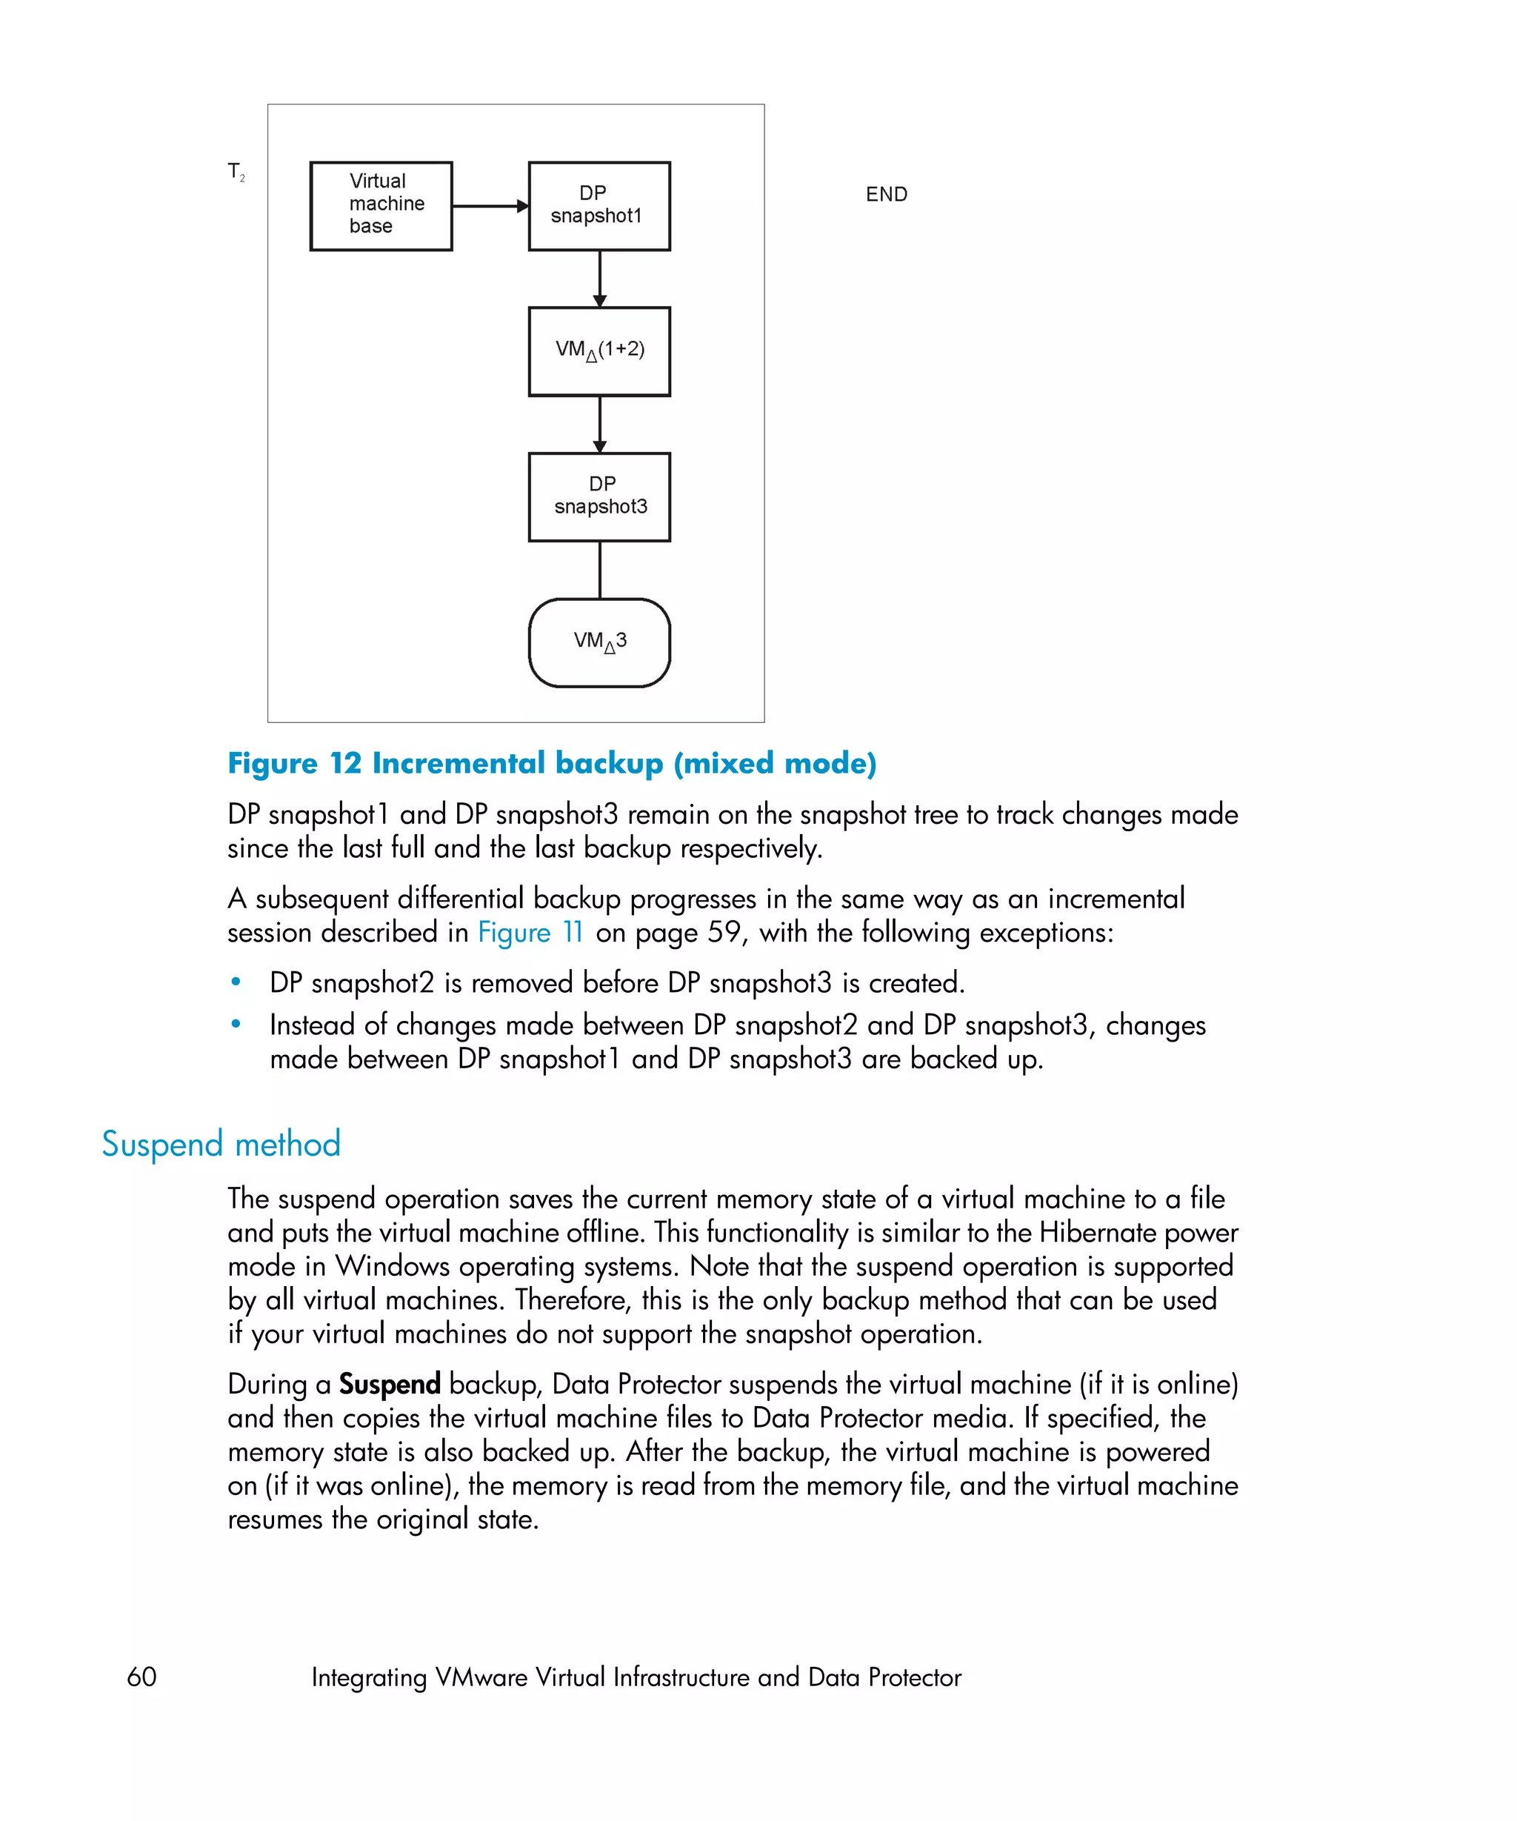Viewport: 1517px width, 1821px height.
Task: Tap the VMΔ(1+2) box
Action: [599, 351]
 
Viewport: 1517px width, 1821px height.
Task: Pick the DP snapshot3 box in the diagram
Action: [599, 497]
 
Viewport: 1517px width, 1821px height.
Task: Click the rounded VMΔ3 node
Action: [599, 642]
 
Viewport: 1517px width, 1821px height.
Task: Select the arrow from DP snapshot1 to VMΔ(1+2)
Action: [600, 278]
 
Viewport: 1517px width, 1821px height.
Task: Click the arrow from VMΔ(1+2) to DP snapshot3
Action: [600, 423]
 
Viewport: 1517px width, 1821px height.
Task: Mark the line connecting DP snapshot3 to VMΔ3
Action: [600, 570]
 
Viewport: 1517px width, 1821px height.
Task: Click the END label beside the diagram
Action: [886, 194]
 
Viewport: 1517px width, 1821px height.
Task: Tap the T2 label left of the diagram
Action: [236, 172]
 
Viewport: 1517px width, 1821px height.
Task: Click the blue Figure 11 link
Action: [530, 932]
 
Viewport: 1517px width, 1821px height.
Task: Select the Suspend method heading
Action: [221, 1144]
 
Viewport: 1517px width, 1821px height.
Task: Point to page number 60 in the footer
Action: [141, 1677]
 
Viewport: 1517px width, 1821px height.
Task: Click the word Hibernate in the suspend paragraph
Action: [1096, 1232]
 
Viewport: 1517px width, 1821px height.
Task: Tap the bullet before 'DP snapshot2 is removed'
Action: [236, 982]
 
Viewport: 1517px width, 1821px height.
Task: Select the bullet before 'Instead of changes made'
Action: [236, 1024]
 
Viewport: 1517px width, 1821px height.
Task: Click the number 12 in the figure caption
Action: [345, 763]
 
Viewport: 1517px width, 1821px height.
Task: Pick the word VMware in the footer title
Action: [481, 1677]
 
